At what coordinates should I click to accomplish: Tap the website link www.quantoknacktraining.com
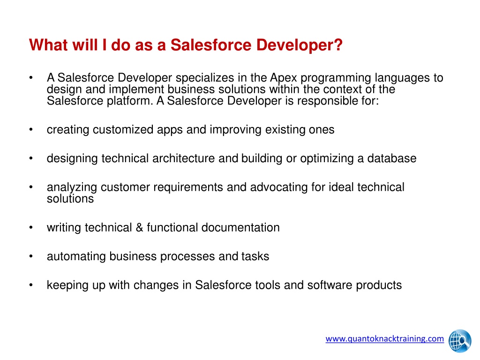click(384, 338)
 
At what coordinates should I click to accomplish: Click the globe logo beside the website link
click(460, 341)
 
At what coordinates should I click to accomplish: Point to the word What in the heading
click(48, 45)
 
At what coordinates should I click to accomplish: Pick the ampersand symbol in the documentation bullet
click(139, 227)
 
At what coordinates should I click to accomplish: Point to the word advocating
click(278, 187)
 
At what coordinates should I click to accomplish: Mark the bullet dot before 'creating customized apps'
click(31, 129)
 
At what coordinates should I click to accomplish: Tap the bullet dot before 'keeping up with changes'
click(31, 285)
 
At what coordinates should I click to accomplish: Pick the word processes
click(187, 256)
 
